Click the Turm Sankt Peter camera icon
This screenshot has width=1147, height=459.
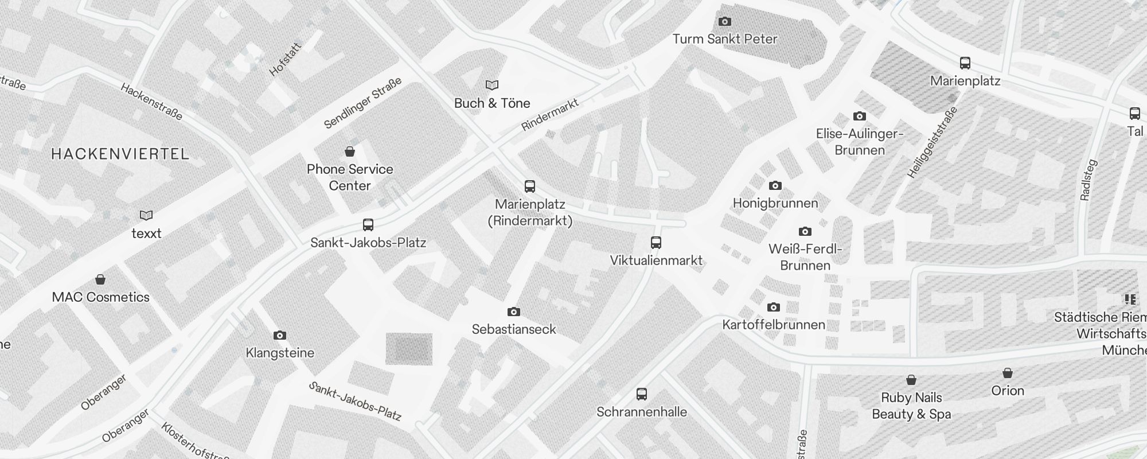pyautogui.click(x=725, y=22)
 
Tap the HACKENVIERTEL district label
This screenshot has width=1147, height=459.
pyautogui.click(x=120, y=154)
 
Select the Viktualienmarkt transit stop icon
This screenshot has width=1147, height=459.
pyautogui.click(x=656, y=243)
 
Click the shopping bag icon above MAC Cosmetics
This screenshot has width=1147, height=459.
pyautogui.click(x=100, y=279)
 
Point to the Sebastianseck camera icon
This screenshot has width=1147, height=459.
pyautogui.click(x=514, y=312)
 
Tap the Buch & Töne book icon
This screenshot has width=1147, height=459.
pyautogui.click(x=492, y=85)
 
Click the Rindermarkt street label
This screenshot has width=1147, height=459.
pyautogui.click(x=550, y=115)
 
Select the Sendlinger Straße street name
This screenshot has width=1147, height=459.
pyautogui.click(x=362, y=104)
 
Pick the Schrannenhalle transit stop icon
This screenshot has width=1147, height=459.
pyautogui.click(x=642, y=394)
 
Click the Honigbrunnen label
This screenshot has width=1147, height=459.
pyautogui.click(x=775, y=203)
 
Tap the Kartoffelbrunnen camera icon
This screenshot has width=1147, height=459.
pyautogui.click(x=774, y=307)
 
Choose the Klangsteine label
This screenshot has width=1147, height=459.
pyautogui.click(x=280, y=353)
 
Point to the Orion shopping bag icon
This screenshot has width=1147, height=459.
pyautogui.click(x=1008, y=373)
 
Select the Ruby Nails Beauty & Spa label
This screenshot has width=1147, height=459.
pyautogui.click(x=911, y=406)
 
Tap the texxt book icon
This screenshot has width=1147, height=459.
pyautogui.click(x=146, y=215)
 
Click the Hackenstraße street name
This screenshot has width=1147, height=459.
pyautogui.click(x=152, y=102)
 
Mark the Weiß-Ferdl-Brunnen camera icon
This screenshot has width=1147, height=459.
pyautogui.click(x=805, y=232)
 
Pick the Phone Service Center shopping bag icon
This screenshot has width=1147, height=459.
pyautogui.click(x=350, y=151)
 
